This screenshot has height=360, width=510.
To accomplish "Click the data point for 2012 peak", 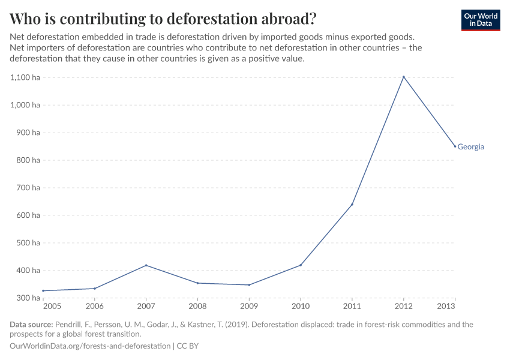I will pyautogui.click(x=404, y=77).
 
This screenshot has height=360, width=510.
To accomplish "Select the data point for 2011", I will pyautogui.click(x=352, y=205).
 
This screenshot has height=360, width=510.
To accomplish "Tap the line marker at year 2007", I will pyautogui.click(x=146, y=265).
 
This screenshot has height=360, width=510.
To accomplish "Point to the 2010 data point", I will pyautogui.click(x=301, y=265).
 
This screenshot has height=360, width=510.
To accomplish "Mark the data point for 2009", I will pyautogui.click(x=249, y=285).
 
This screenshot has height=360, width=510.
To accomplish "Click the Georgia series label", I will pyautogui.click(x=470, y=147).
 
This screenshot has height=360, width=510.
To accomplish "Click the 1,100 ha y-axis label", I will pyautogui.click(x=25, y=77).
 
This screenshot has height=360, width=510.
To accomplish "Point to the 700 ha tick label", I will pyautogui.click(x=28, y=188).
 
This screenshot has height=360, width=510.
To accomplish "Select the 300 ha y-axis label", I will pyautogui.click(x=28, y=298).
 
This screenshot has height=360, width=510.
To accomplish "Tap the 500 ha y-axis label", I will pyautogui.click(x=28, y=243).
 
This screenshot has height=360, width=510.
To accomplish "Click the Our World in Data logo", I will pyautogui.click(x=481, y=20).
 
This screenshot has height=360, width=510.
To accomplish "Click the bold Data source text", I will pyautogui.click(x=31, y=325).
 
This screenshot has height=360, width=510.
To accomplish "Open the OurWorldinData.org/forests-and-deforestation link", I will pyautogui.click(x=90, y=346).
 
